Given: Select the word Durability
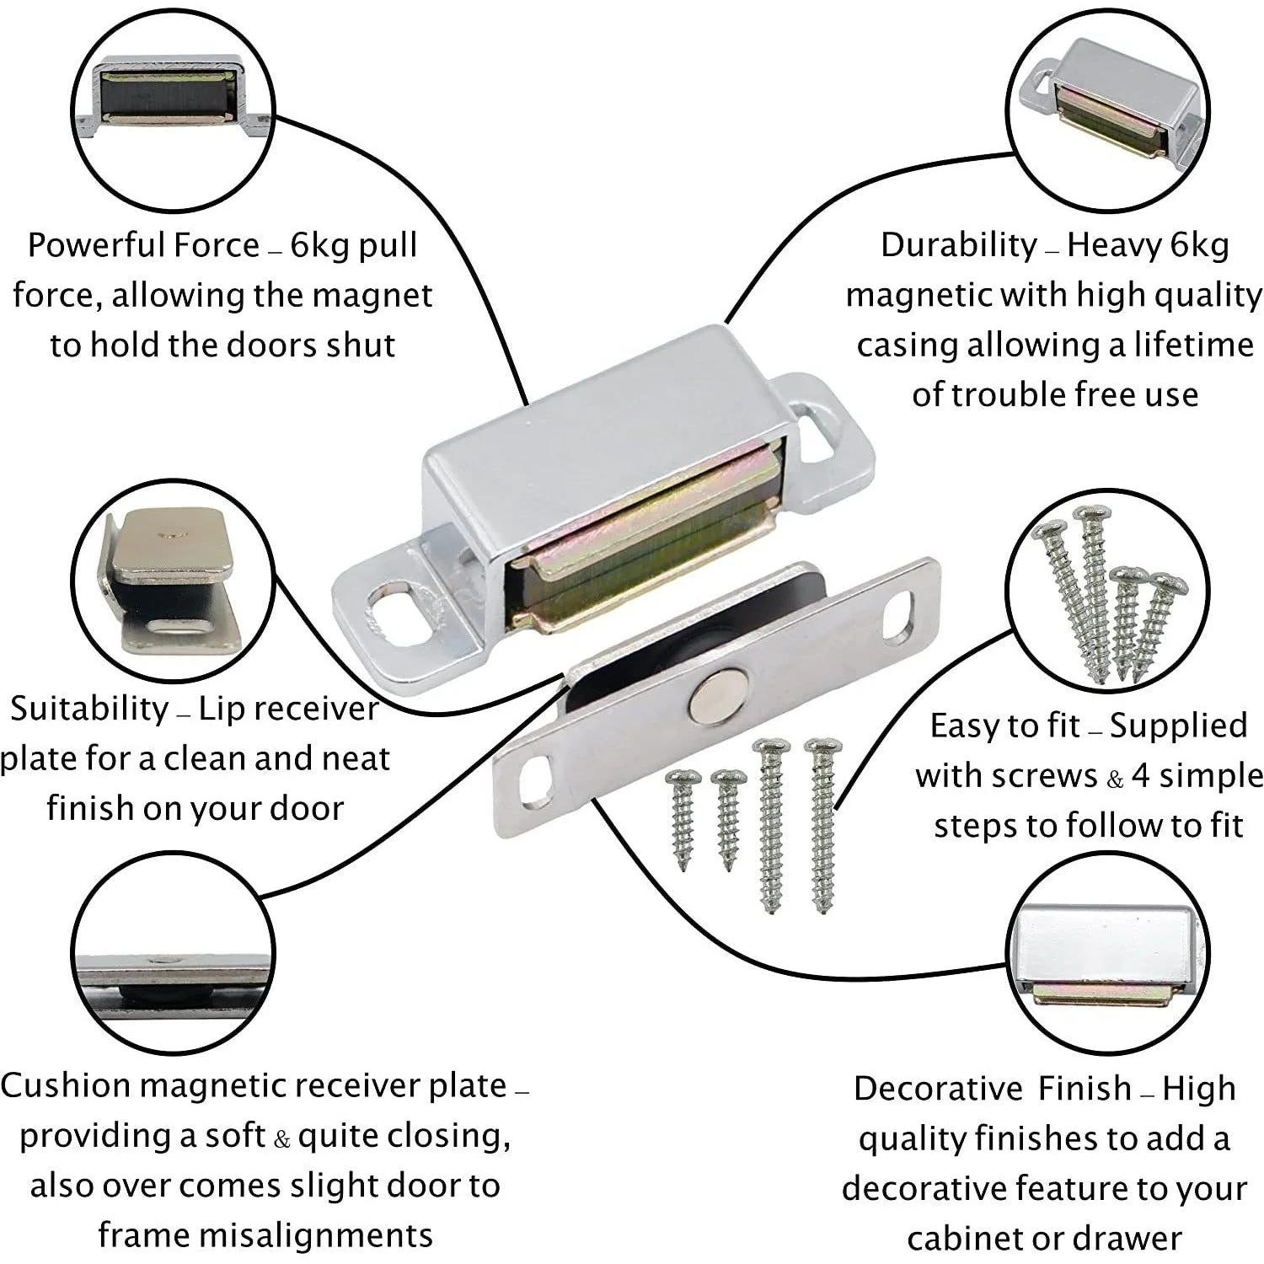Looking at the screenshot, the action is (959, 246).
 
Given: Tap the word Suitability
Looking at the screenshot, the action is (89, 710).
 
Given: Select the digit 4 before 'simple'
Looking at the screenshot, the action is (1141, 776).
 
